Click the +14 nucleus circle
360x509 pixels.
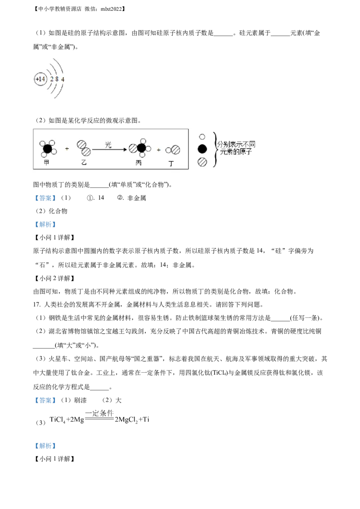[40, 79]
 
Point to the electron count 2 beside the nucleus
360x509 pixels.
[52, 80]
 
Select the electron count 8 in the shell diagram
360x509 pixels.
[57, 80]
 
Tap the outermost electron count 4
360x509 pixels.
[63, 80]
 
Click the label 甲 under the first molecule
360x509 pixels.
[46, 162]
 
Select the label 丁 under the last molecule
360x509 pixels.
[171, 163]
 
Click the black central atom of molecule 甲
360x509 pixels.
[47, 148]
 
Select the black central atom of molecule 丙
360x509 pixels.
[142, 148]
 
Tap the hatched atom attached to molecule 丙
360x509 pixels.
[133, 148]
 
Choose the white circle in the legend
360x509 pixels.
[202, 137]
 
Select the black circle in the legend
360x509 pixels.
[202, 149]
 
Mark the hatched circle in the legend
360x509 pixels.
[202, 162]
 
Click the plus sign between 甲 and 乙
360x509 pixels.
[67, 148]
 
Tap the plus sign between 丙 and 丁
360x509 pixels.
[158, 150]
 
